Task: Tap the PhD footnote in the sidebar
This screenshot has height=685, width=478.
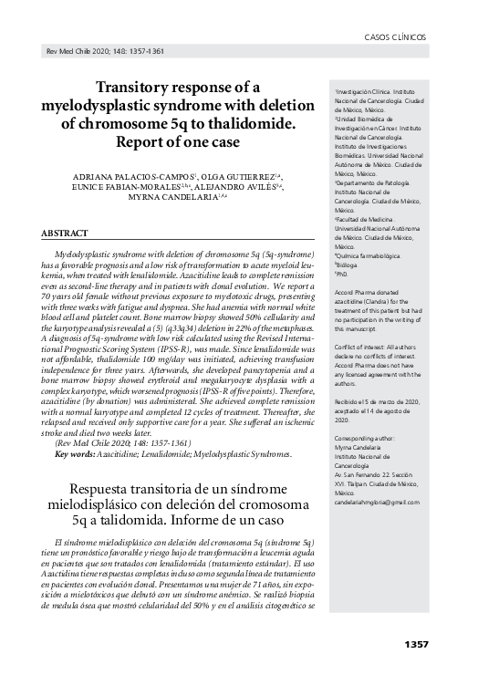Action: click(343, 273)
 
